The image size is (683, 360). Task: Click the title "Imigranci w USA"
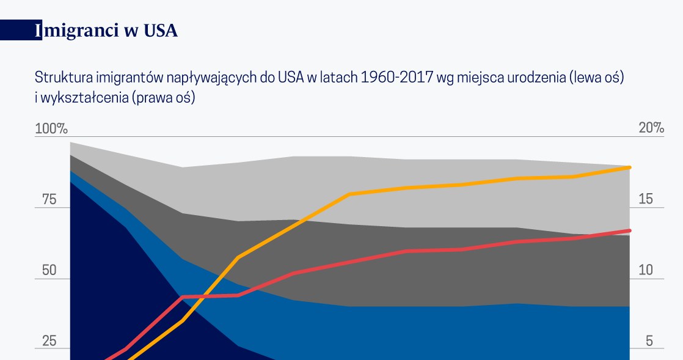[x=106, y=31]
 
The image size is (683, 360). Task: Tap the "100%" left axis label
[x=51, y=128]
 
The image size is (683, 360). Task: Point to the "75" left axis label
[x=49, y=200]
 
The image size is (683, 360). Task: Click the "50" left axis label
[x=49, y=270]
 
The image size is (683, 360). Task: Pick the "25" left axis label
[x=49, y=341]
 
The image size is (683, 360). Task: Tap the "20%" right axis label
[x=651, y=128]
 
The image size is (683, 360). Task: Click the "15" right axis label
[x=646, y=199]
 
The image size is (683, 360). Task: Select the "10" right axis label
[x=646, y=270]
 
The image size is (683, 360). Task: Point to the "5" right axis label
[x=649, y=341]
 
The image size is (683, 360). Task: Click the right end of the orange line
[x=629, y=167]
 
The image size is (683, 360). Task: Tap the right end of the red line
[x=629, y=230]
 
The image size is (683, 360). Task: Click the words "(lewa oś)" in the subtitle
[x=596, y=78]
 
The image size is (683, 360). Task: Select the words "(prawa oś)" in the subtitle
[x=166, y=97]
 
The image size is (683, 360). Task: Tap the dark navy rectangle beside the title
[x=21, y=31]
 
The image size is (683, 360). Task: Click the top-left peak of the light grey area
[x=71, y=142]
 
